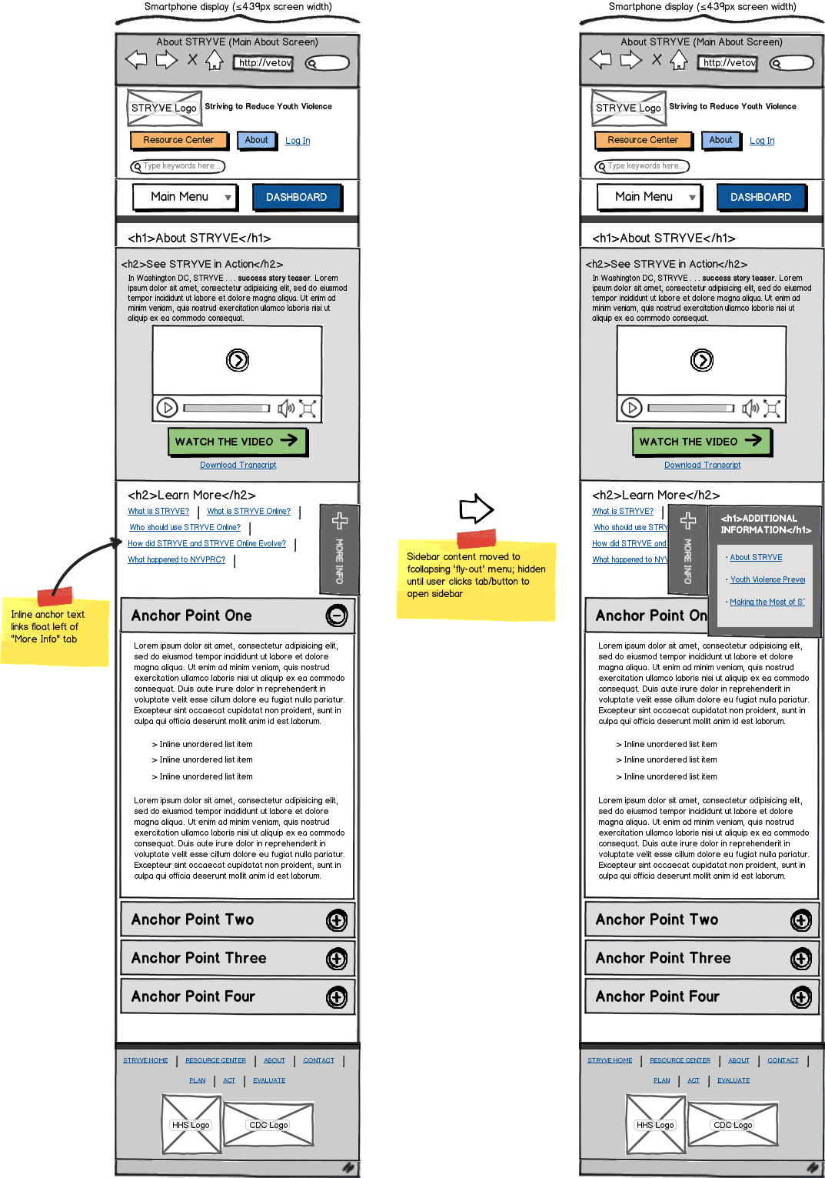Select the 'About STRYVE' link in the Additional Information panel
pyautogui.click(x=756, y=557)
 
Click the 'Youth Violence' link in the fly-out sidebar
pyautogui.click(x=767, y=579)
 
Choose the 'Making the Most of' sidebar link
pyautogui.click(x=767, y=602)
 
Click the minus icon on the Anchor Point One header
pyautogui.click(x=337, y=616)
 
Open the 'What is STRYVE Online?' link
pyautogui.click(x=248, y=511)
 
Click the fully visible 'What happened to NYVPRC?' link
pyautogui.click(x=176, y=559)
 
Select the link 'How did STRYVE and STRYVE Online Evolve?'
pyautogui.click(x=206, y=543)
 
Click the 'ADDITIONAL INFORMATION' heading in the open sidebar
pyautogui.click(x=765, y=524)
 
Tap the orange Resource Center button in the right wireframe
pyautogui.click(x=643, y=140)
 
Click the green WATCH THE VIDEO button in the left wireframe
pyautogui.click(x=237, y=442)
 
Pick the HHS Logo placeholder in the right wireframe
pyautogui.click(x=654, y=1124)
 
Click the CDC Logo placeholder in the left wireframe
pyautogui.click(x=268, y=1124)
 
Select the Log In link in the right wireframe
pyautogui.click(x=762, y=141)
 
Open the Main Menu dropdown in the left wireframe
pyautogui.click(x=185, y=197)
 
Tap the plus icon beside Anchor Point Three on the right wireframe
pyautogui.click(x=801, y=959)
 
